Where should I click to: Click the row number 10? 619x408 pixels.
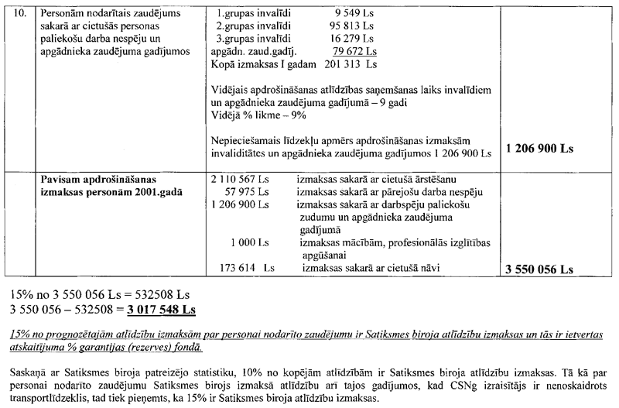click(x=13, y=14)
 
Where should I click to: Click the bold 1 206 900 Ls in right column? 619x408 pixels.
click(x=537, y=147)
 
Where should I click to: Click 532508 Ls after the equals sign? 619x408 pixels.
click(x=167, y=295)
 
